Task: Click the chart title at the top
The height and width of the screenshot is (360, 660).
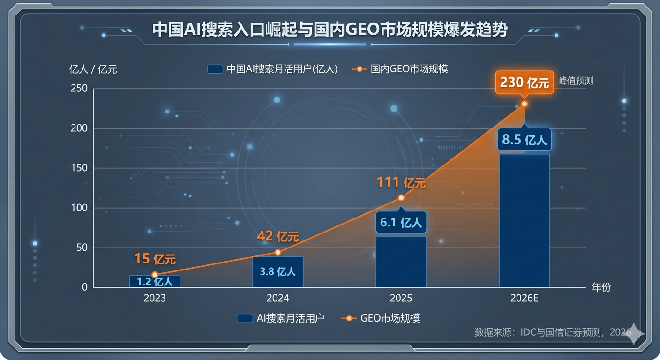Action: (x=330, y=30)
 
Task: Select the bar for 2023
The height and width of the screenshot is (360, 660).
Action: (x=155, y=281)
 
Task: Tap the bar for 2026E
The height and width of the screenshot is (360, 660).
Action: (x=524, y=220)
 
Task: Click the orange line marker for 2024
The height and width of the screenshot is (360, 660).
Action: (x=277, y=252)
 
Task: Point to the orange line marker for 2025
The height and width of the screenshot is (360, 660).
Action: (x=401, y=198)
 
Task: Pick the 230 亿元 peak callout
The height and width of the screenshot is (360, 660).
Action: (x=524, y=83)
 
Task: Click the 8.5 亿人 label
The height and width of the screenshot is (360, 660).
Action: (x=524, y=140)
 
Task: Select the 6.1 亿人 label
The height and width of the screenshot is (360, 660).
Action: (x=401, y=222)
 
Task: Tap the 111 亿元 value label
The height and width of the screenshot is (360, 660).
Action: (x=401, y=182)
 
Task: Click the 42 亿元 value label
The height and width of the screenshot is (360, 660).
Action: (x=277, y=236)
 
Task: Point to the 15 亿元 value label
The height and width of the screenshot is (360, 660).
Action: (x=155, y=258)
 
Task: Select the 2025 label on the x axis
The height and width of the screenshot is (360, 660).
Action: (x=401, y=299)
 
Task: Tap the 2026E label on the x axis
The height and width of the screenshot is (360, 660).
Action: (x=524, y=299)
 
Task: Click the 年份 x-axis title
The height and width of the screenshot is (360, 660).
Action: (x=601, y=287)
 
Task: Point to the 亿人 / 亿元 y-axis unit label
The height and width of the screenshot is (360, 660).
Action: (x=93, y=69)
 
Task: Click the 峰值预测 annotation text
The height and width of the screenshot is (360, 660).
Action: (x=576, y=81)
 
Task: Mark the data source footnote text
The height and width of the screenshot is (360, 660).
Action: (x=553, y=332)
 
